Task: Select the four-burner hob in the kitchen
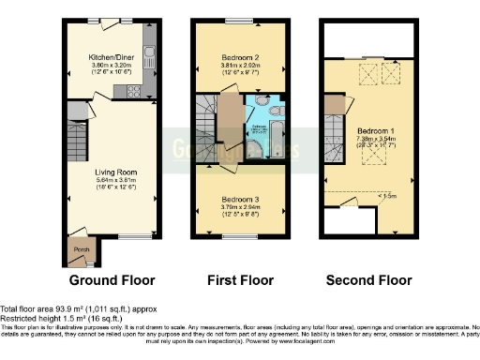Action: [x=129, y=92]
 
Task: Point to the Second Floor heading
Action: [x=368, y=280]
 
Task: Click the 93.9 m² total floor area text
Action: [x=79, y=308]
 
